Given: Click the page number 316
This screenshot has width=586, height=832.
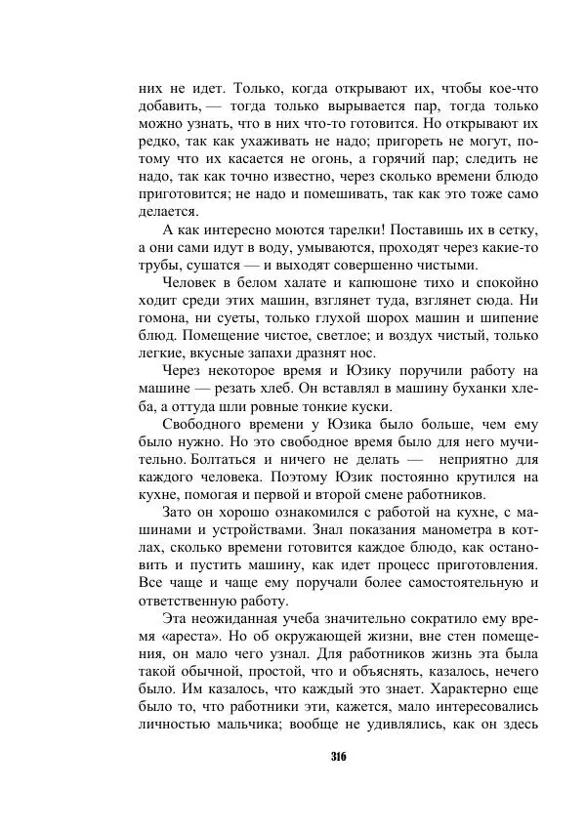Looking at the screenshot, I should (339, 757).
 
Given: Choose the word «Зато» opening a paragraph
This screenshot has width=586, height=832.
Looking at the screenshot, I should (179, 512).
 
